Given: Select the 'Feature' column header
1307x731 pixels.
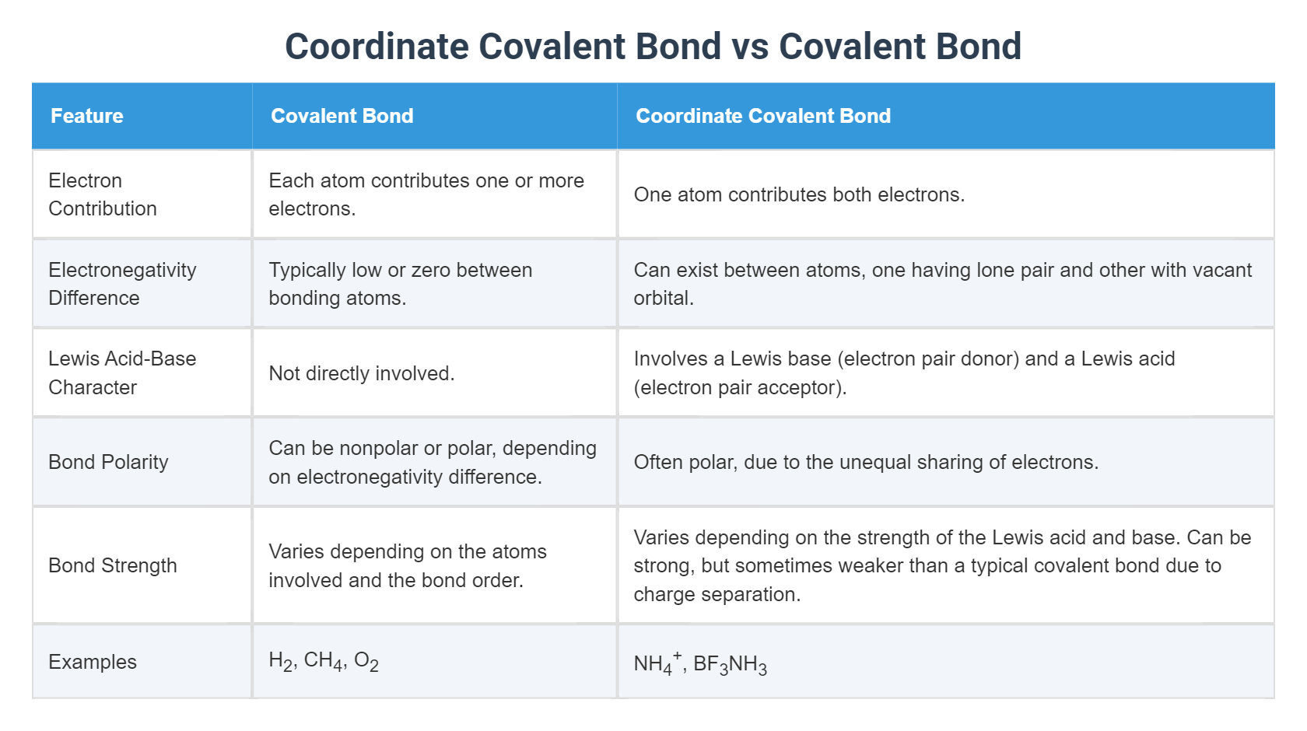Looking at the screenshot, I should pos(87,116).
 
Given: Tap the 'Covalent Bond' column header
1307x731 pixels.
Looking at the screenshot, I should pos(342,116).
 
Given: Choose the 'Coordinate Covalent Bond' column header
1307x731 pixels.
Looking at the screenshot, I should pos(762,116).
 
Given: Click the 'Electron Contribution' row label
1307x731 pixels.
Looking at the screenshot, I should pos(103,194).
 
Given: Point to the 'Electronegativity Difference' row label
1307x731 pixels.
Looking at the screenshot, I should pos(122,284).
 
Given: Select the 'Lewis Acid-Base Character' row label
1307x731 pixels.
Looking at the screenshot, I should pos(122,372).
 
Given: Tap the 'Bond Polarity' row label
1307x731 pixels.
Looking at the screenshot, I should pos(108,462).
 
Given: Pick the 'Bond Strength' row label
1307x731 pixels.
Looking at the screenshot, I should pos(113,565).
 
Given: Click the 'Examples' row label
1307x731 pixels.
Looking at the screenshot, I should pos(93,662).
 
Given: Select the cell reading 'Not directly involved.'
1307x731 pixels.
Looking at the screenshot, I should pos(361,373).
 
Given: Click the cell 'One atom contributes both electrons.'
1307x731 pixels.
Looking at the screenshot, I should pos(799,194).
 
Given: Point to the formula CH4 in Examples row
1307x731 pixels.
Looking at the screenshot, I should pos(324,661).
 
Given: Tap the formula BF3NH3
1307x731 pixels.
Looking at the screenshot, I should pos(730,665).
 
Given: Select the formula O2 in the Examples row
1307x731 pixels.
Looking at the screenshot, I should pos(366,661).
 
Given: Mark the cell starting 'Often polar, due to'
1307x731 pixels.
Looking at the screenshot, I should pos(866,462).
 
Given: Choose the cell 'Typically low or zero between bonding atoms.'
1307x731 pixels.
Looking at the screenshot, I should pos(400,284).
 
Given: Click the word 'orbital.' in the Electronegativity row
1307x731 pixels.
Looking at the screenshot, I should pos(663,299).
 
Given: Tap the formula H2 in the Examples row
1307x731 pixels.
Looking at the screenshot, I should pos(281,661).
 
